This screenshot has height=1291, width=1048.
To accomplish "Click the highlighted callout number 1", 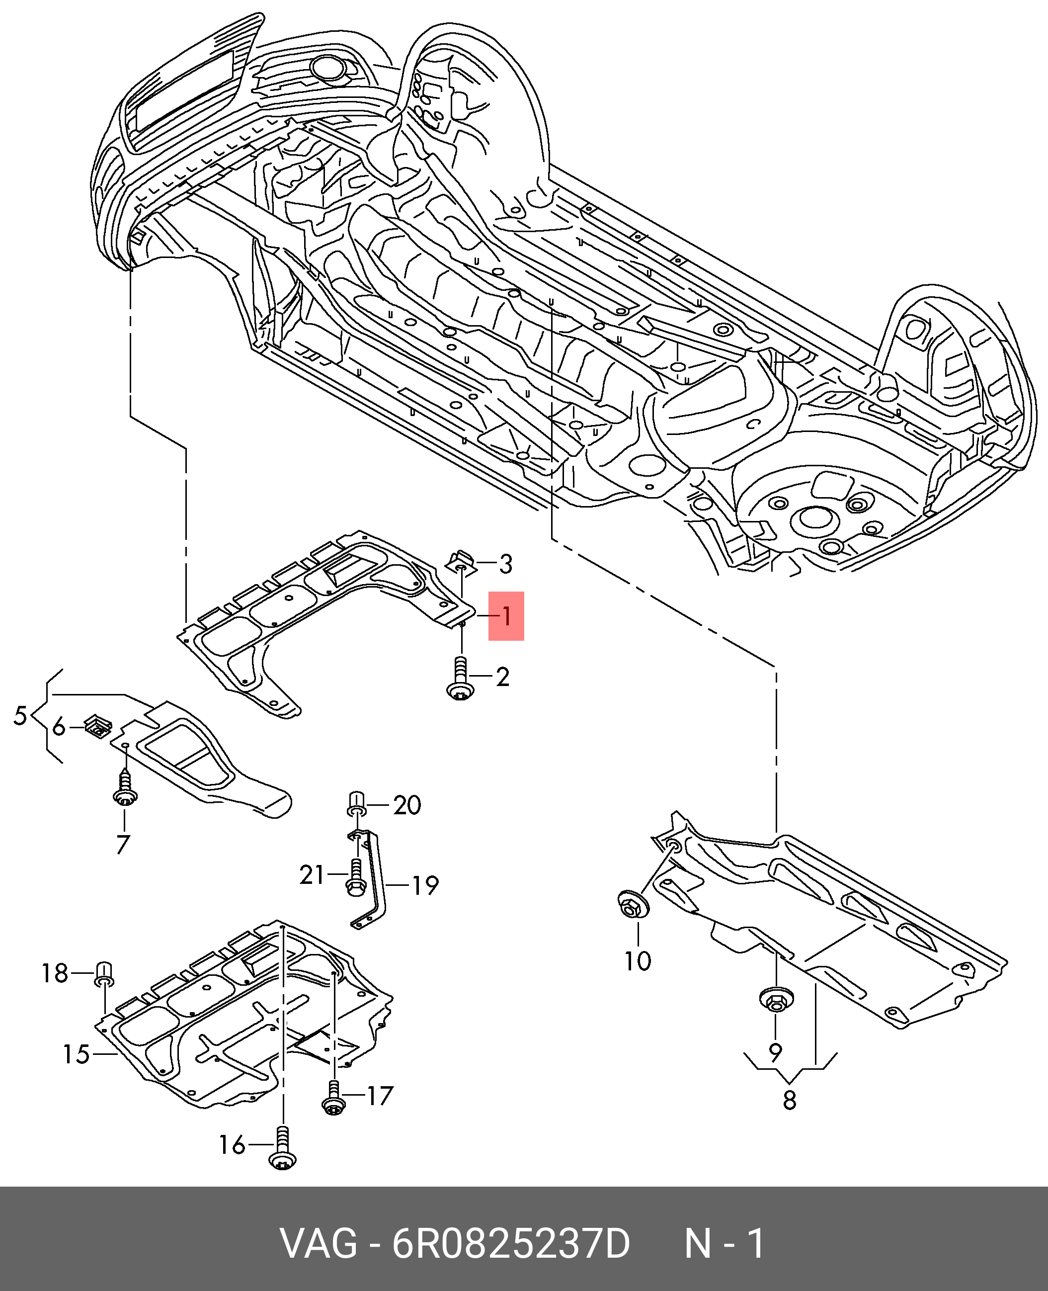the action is [506, 616].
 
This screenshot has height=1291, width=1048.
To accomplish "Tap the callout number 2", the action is [503, 677].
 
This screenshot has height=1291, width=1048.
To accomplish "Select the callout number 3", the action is [506, 565].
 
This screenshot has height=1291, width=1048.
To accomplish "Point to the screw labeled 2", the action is [461, 680].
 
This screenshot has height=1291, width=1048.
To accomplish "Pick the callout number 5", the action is [20, 715].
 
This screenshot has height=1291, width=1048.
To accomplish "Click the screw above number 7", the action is [125, 787].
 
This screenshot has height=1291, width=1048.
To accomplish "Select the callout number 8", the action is [790, 1100].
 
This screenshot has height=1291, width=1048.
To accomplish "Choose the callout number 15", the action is [77, 1054].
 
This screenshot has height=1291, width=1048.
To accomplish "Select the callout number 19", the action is [425, 886].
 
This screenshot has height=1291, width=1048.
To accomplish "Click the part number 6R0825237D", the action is [511, 1244].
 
